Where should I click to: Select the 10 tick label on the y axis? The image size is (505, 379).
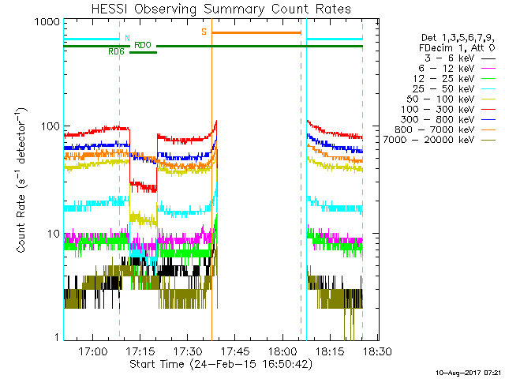pyautogui.click(x=53, y=234)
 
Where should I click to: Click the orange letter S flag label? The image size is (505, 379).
pyautogui.click(x=204, y=32)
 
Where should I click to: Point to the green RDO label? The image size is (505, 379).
pyautogui.click(x=143, y=45)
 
